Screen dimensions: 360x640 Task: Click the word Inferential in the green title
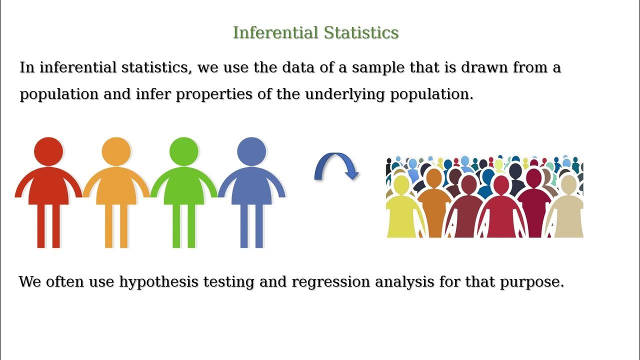[275, 33]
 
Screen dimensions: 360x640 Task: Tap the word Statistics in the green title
[361, 33]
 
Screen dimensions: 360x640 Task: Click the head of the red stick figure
[48, 151]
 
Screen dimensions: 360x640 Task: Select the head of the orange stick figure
[116, 151]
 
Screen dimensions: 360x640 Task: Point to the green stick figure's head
[184, 151]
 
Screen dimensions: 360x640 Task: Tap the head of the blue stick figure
[251, 151]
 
